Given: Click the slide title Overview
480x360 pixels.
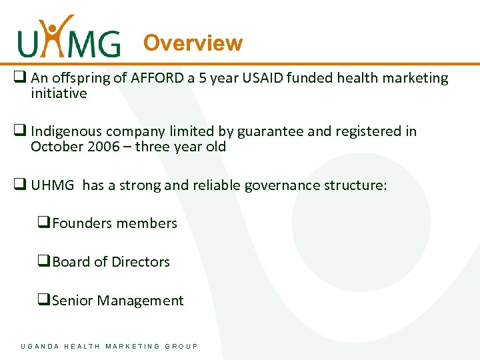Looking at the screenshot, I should pyautogui.click(x=193, y=43).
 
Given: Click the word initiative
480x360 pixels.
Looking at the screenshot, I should pyautogui.click(x=59, y=93).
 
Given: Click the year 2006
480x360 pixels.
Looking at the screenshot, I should pyautogui.click(x=103, y=147).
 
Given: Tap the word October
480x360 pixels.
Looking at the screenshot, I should pyautogui.click(x=57, y=147).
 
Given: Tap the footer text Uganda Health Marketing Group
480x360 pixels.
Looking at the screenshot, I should pyautogui.click(x=109, y=346).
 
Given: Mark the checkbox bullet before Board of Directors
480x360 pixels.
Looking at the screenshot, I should pyautogui.click(x=45, y=262).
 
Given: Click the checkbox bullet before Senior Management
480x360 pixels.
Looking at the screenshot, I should pyautogui.click(x=45, y=301).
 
